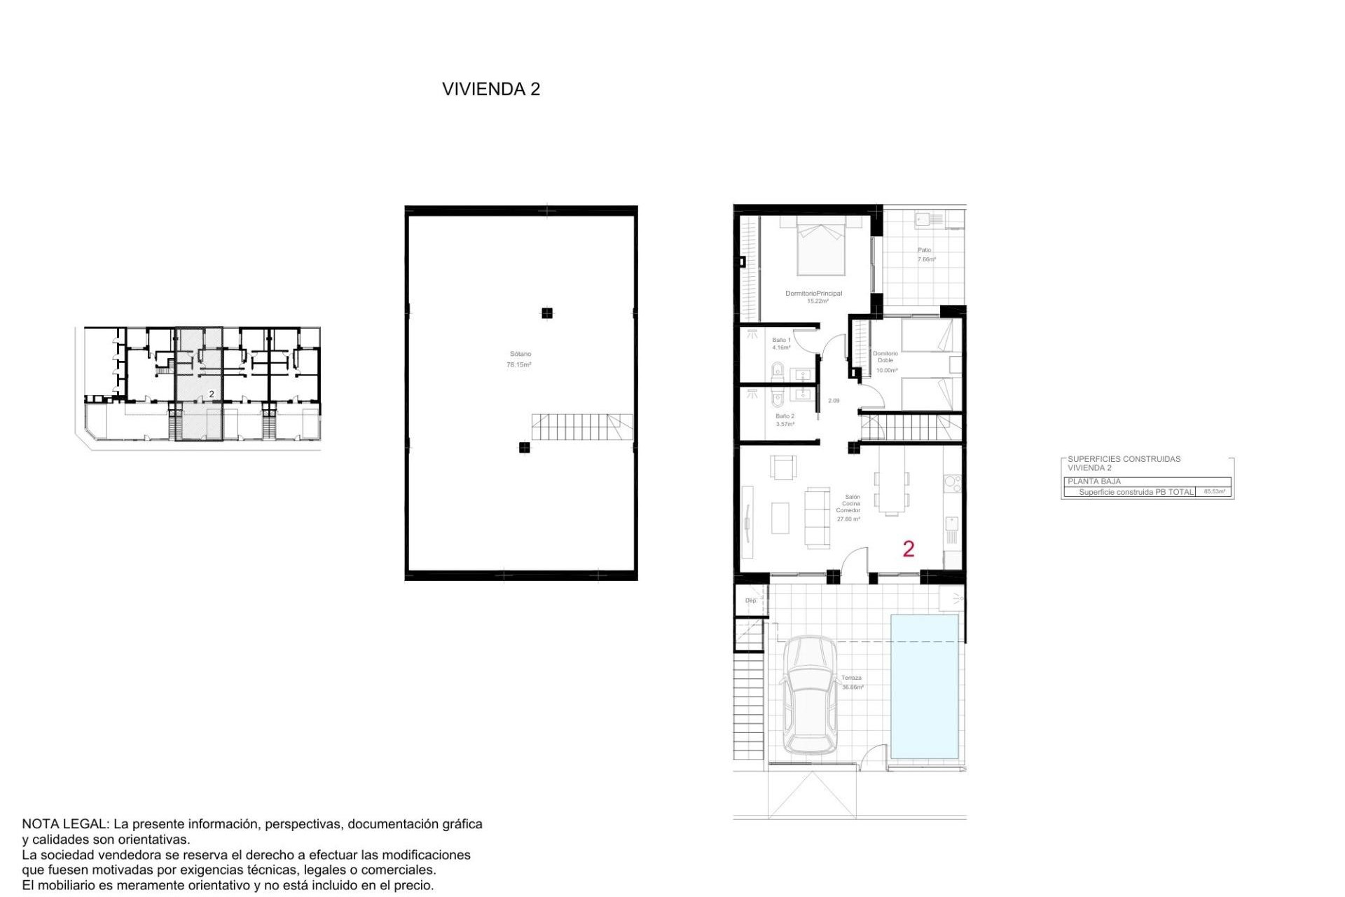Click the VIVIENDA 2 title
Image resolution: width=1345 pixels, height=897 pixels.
[490, 89]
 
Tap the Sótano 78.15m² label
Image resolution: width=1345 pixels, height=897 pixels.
[519, 360]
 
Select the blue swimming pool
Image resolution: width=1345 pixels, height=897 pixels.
[924, 686]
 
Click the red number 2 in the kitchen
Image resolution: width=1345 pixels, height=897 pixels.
[908, 549]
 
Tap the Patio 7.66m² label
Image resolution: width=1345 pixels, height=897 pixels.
[925, 254]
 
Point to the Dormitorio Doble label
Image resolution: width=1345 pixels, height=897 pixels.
[885, 357]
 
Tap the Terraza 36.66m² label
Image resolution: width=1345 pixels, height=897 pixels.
[852, 682]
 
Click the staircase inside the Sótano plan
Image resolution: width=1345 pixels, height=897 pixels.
[581, 427]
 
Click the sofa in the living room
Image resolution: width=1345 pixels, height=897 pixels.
[817, 517]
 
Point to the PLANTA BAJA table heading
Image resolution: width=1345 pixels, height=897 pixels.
[1094, 481]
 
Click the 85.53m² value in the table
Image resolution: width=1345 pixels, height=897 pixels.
[1214, 492]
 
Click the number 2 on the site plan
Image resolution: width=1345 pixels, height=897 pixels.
[212, 395]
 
